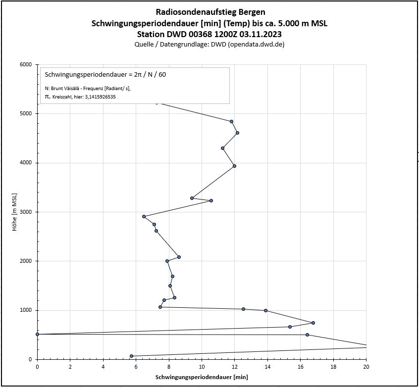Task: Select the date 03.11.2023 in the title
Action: [259, 34]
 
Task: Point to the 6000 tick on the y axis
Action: [26, 64]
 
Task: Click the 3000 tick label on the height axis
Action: [26, 212]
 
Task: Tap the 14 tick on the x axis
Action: [267, 367]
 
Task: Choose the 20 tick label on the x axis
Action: [366, 367]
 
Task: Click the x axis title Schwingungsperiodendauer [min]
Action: [202, 377]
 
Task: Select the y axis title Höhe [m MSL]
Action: [15, 212]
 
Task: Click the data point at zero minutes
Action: [37, 335]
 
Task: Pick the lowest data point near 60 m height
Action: [131, 356]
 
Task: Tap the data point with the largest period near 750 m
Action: [313, 323]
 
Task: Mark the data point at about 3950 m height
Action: [234, 166]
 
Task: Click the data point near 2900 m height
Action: [144, 216]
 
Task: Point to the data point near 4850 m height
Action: [231, 121]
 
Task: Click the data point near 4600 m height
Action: [237, 133]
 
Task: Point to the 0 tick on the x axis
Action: [37, 367]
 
